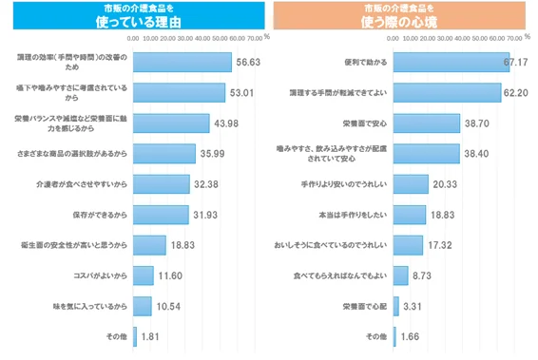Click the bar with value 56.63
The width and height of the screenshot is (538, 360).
182,62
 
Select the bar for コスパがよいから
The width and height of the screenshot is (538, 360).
143,275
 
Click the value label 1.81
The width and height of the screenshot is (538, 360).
150,335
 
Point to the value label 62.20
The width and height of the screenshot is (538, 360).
516,93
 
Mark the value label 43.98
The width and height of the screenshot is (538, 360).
225,123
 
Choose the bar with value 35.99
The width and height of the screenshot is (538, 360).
163,153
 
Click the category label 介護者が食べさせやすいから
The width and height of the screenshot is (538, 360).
84,184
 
